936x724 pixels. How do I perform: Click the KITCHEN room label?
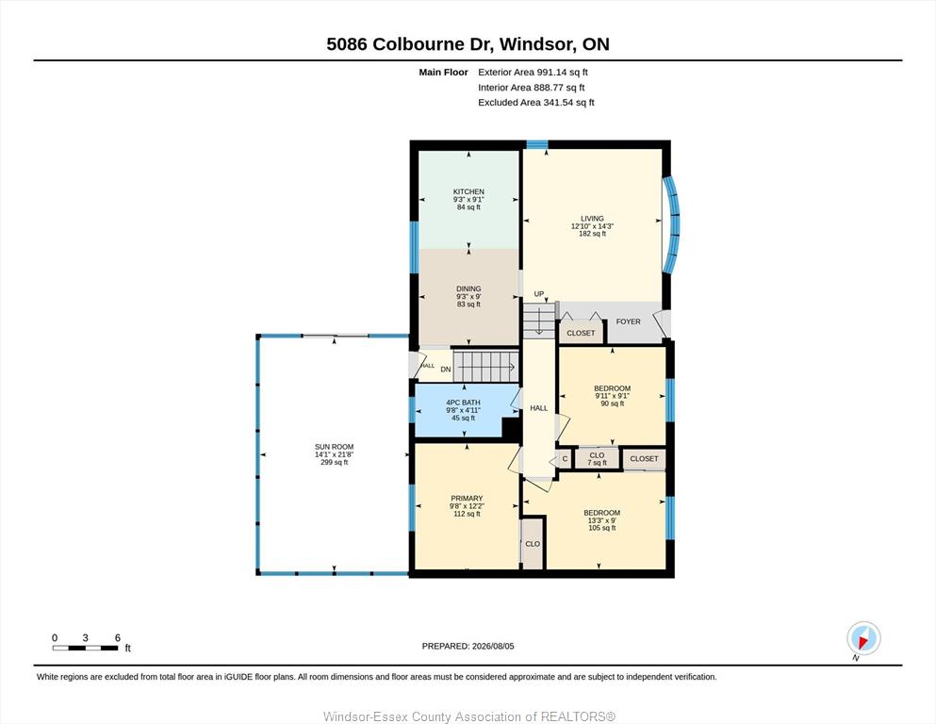(468, 191)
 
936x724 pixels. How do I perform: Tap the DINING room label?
(468, 288)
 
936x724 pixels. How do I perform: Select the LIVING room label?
(592, 219)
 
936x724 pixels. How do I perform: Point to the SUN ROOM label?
(335, 447)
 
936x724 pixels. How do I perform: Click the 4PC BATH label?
(463, 403)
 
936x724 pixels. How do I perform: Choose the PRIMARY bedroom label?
(467, 499)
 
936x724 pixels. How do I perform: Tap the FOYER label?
(628, 321)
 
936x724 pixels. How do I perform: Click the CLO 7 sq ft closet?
(597, 458)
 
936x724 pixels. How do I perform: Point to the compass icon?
(863, 638)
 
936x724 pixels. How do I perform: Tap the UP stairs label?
(539, 294)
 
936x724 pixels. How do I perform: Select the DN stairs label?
(446, 370)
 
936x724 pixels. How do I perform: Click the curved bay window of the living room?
(671, 224)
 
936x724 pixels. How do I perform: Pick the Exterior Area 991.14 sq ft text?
(534, 73)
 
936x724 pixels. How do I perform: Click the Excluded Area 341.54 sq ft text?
(536, 103)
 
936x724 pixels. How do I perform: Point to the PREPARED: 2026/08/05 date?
(468, 646)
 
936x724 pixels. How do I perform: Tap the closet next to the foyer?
(581, 333)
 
